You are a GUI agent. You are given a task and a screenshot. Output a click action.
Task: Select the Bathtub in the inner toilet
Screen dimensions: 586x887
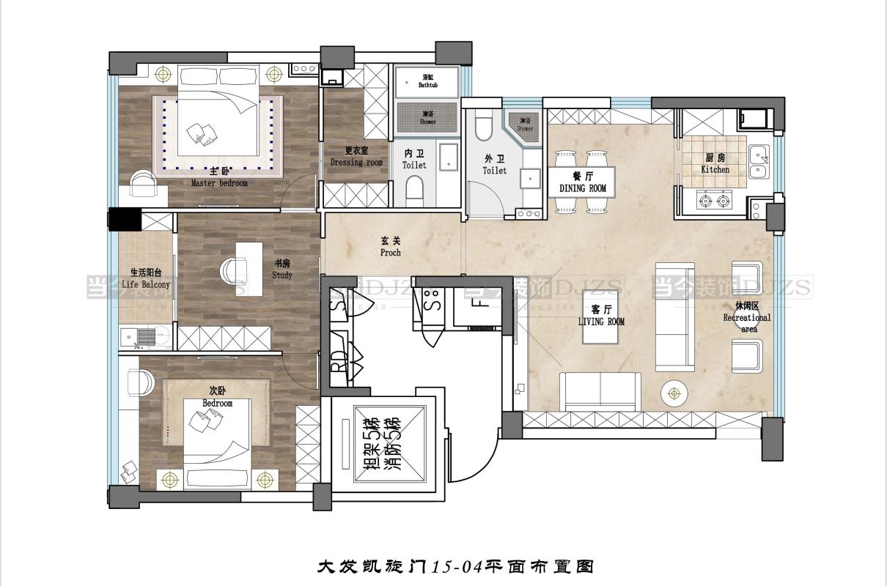[427, 81]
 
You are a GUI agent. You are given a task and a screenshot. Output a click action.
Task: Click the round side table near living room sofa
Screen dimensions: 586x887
[674, 393]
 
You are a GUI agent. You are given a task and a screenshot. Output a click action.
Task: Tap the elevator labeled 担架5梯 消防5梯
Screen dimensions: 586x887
[382, 445]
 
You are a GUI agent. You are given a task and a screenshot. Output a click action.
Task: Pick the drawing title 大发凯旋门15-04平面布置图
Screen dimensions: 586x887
[454, 566]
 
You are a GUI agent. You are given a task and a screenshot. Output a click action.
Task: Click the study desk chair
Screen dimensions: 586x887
[230, 270]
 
